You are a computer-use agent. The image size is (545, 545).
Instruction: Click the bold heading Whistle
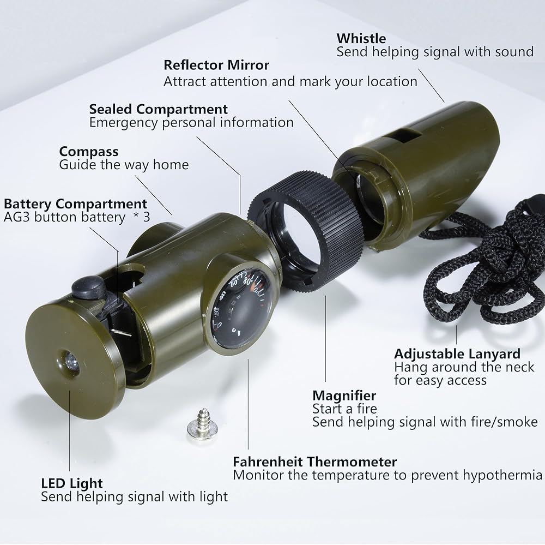pyautogui.click(x=361, y=38)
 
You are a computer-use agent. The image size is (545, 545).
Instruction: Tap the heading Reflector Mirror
pyautogui.click(x=216, y=65)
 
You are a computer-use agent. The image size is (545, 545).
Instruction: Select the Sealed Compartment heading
pyautogui.click(x=159, y=109)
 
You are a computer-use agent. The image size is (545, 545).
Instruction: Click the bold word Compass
pyautogui.click(x=89, y=152)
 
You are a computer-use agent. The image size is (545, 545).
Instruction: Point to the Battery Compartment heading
pyautogui.click(x=75, y=203)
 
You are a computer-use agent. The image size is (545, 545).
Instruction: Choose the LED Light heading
pyautogui.click(x=71, y=483)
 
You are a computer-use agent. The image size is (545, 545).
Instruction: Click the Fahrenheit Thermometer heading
pyautogui.click(x=314, y=462)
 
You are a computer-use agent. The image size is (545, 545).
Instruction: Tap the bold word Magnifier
pyautogui.click(x=344, y=396)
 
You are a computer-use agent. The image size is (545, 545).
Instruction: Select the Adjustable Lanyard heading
pyautogui.click(x=457, y=354)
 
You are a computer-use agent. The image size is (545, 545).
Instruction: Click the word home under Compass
pyautogui.click(x=171, y=165)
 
